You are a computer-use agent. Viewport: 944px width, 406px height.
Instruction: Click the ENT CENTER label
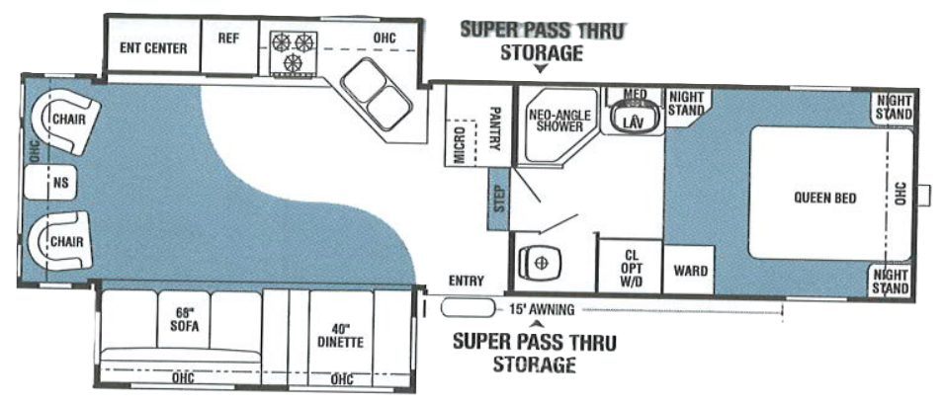click(x=152, y=47)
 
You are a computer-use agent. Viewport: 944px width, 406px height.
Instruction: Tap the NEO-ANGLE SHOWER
click(x=559, y=121)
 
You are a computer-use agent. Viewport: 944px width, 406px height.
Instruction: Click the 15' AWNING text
click(x=541, y=309)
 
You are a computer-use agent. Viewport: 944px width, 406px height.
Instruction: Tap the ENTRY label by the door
click(x=466, y=281)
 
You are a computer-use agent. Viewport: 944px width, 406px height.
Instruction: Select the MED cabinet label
click(x=635, y=94)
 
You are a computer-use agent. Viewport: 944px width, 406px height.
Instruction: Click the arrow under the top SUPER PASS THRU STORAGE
click(x=540, y=69)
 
